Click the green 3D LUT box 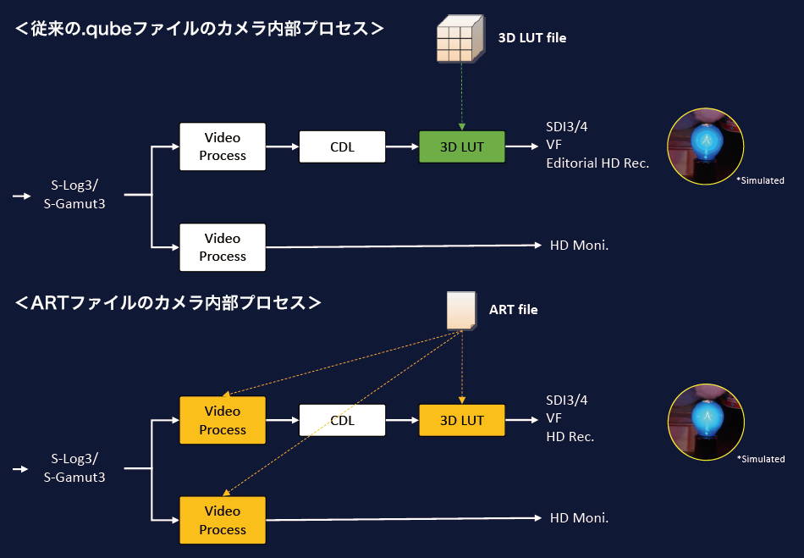coord(462,147)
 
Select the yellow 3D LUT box coord(462,420)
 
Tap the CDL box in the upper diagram coord(342,147)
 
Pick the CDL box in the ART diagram coord(342,420)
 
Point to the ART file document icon coord(461,310)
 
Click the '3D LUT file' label coord(531,37)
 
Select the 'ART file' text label coord(513,310)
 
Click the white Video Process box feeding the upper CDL coord(223,146)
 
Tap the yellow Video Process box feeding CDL coord(223,420)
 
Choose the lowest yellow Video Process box coord(223,520)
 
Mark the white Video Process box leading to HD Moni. coord(223,247)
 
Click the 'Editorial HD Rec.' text coord(597,163)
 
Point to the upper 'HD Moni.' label coord(580,246)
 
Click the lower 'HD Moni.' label coord(580,518)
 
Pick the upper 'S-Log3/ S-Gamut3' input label coord(74,196)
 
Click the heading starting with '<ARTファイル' coord(168,302)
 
